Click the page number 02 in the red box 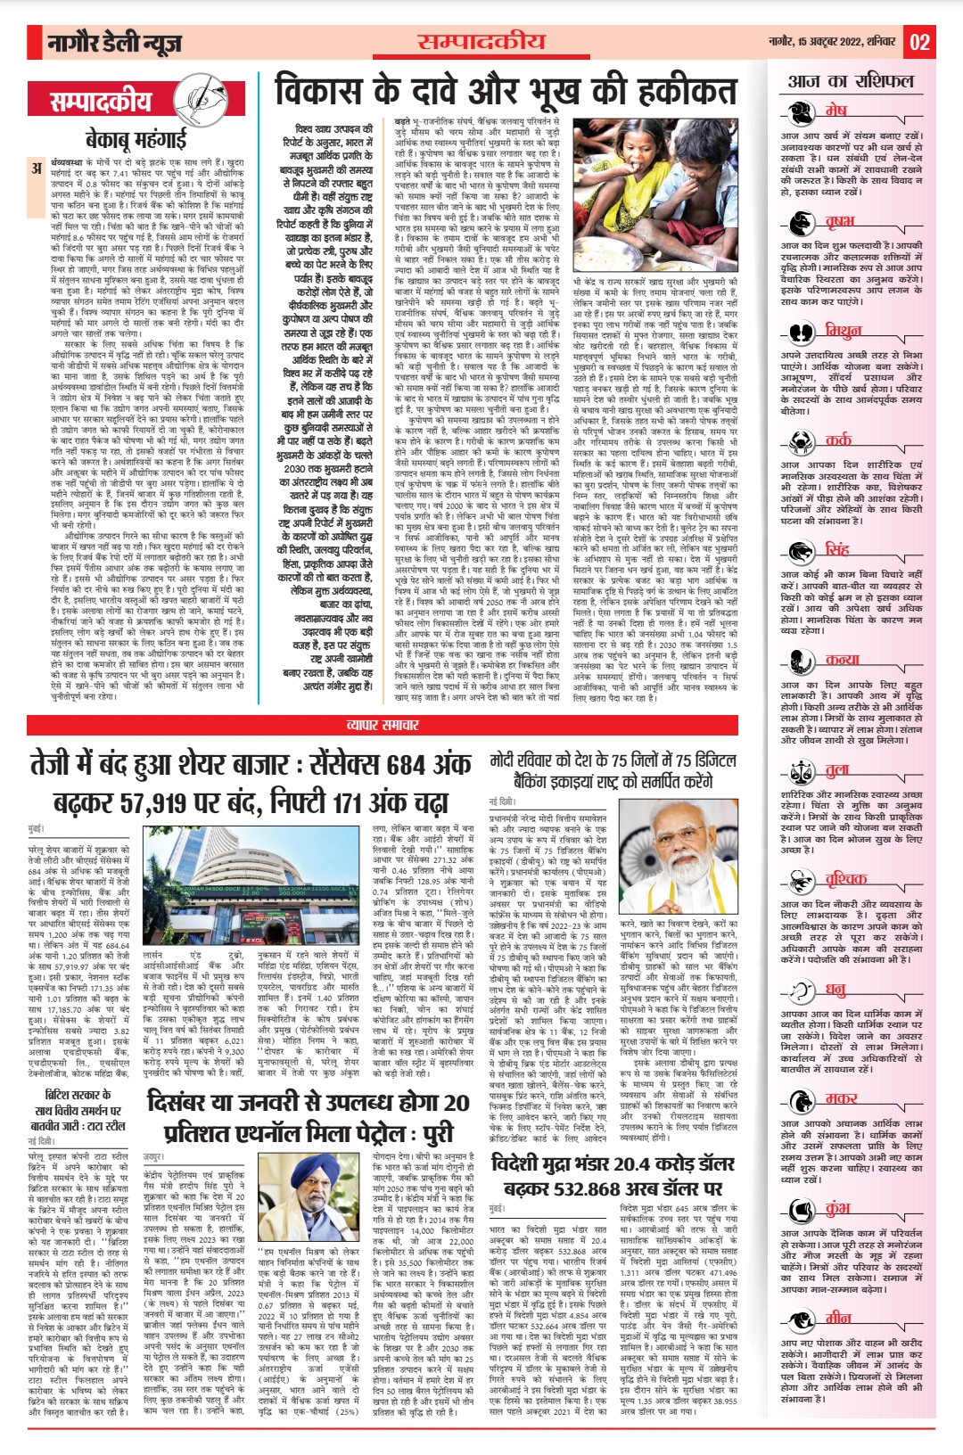coord(920,42)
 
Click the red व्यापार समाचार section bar coord(382,726)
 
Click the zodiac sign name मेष coord(835,111)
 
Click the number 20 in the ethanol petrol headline coord(456,1103)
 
